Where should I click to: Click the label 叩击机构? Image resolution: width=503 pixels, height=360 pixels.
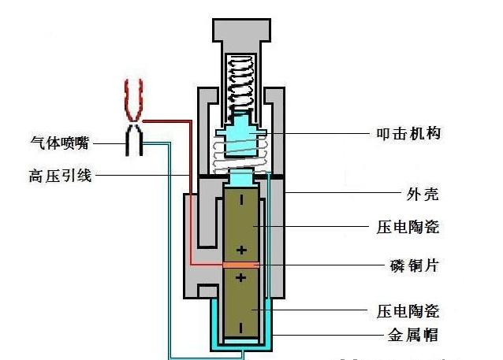(x=408, y=133)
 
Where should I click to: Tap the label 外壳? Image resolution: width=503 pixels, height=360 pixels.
(x=423, y=194)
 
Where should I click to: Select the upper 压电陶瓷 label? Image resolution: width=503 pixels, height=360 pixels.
(x=408, y=227)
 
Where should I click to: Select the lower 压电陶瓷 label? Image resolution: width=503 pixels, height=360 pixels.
(x=408, y=311)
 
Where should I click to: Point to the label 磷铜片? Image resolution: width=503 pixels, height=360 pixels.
(x=414, y=265)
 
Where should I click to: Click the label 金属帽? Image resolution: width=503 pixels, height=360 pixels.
(x=413, y=336)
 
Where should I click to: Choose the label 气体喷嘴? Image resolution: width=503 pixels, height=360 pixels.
(x=60, y=143)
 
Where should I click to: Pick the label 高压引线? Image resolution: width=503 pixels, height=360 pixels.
(x=60, y=176)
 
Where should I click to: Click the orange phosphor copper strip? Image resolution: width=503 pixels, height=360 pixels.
(x=241, y=265)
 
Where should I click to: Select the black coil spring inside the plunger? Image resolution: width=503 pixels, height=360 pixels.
(x=240, y=85)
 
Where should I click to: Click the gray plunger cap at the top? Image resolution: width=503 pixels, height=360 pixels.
(x=241, y=30)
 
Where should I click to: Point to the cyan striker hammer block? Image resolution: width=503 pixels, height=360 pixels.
(x=241, y=136)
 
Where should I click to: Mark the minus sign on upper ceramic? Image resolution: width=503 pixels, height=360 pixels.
(x=241, y=200)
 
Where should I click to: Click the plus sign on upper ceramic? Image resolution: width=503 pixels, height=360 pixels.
(x=241, y=250)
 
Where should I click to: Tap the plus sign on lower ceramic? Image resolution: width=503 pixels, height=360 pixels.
(x=241, y=277)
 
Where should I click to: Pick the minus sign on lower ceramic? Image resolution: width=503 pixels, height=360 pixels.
(x=241, y=328)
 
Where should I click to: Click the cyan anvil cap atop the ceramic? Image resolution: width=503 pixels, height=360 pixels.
(x=242, y=178)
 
